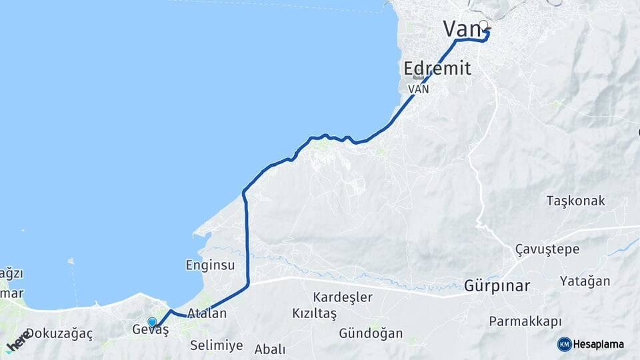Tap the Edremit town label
point(437,68)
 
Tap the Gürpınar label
point(497,287)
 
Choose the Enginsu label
point(210,265)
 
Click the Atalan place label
point(207,313)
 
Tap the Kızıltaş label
point(314,313)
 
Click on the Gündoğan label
point(371,333)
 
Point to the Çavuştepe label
point(547,249)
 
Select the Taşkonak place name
point(575,201)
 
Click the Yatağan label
point(585,281)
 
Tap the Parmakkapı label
point(525,321)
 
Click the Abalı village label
point(270,349)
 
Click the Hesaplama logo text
point(598,344)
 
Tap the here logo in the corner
point(18,341)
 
